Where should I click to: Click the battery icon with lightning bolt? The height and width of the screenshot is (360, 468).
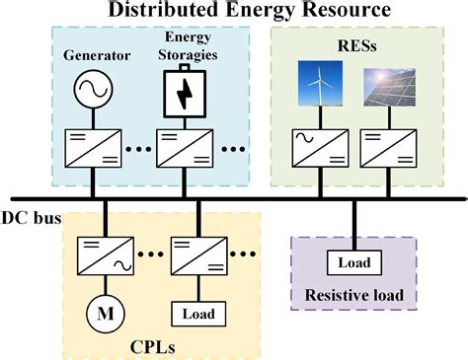[x=185, y=96]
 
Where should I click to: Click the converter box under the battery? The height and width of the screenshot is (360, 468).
[x=186, y=151]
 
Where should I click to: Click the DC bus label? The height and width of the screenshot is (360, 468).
[x=30, y=216]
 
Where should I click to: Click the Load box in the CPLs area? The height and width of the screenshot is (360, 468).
[x=194, y=314]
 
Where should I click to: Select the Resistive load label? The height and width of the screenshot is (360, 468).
[x=352, y=294]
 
